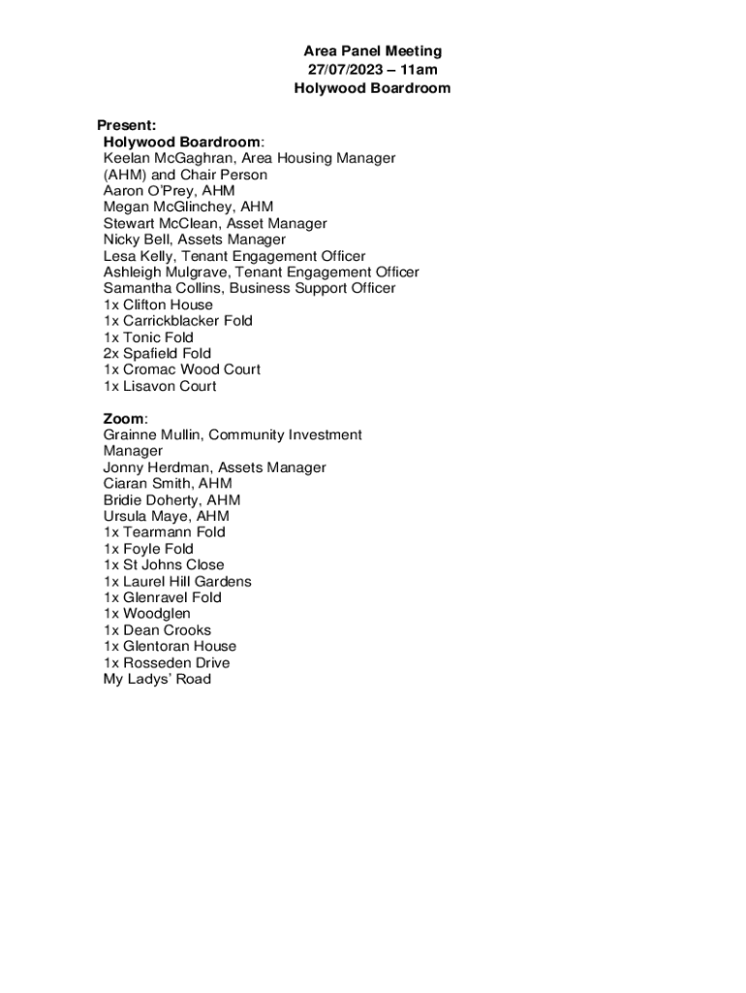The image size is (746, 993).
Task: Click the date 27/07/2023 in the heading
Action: [x=343, y=70]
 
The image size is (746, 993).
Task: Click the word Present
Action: [x=126, y=125]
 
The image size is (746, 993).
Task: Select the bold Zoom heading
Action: [x=123, y=419]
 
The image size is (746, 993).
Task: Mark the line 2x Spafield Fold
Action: [x=157, y=354]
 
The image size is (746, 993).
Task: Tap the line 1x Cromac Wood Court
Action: [x=182, y=369]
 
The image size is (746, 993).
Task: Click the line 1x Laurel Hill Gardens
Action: [x=177, y=582]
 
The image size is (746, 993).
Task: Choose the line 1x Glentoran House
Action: [x=170, y=647]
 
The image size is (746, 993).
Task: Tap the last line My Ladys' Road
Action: [x=157, y=679]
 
